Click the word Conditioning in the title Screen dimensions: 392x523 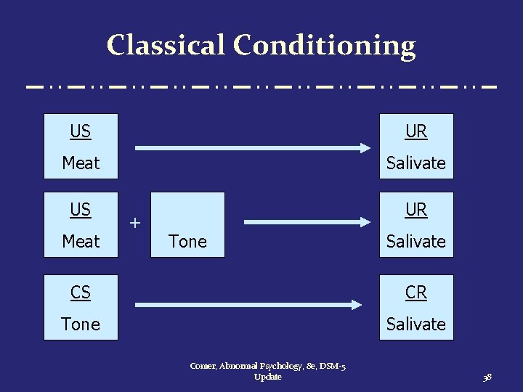point(324,45)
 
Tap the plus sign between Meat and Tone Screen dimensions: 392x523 point(134,223)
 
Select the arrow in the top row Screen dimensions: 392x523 point(253,148)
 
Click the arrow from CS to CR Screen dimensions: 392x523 point(253,304)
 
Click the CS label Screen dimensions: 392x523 point(81,293)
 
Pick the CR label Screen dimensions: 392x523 point(416,293)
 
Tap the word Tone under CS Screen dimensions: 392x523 point(81,324)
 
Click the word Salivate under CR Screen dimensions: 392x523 point(416,324)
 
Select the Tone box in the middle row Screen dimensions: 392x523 point(187,225)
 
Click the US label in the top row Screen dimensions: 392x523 point(81,131)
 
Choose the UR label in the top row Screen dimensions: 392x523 point(416,131)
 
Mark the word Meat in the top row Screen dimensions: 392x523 point(81,163)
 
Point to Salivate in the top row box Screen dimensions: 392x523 point(416,163)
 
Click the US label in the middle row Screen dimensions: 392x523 point(81,210)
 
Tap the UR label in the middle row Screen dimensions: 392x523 point(416,210)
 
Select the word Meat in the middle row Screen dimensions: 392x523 point(81,241)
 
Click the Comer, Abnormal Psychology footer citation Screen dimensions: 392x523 point(268,372)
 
